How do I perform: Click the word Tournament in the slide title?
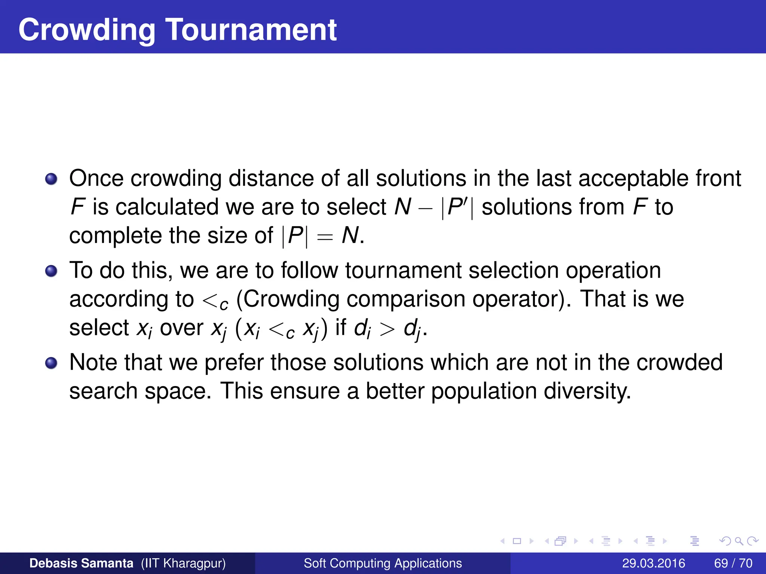tap(251, 30)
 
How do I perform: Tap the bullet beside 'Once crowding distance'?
tap(51, 179)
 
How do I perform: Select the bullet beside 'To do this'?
tap(51, 271)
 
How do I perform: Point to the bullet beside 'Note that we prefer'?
tap(51, 363)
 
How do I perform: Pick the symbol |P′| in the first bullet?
tap(457, 207)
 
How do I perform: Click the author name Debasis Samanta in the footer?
tap(81, 563)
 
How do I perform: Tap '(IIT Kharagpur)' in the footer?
tap(183, 563)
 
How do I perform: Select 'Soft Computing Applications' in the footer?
tap(383, 563)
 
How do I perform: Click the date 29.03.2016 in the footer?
tap(653, 563)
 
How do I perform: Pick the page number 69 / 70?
tap(733, 563)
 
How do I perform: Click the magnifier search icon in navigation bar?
tap(739, 541)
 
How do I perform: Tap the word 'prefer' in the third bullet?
tap(234, 363)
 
